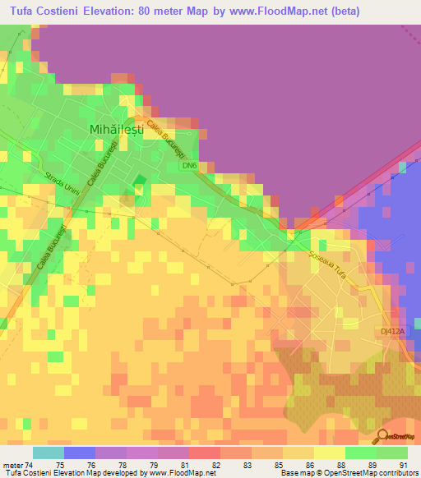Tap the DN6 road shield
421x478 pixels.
190,165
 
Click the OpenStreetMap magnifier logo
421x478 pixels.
382,436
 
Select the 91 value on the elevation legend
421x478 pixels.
402,464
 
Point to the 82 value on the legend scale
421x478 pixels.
215,464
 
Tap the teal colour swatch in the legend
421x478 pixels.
48,452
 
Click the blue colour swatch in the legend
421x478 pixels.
79,452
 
